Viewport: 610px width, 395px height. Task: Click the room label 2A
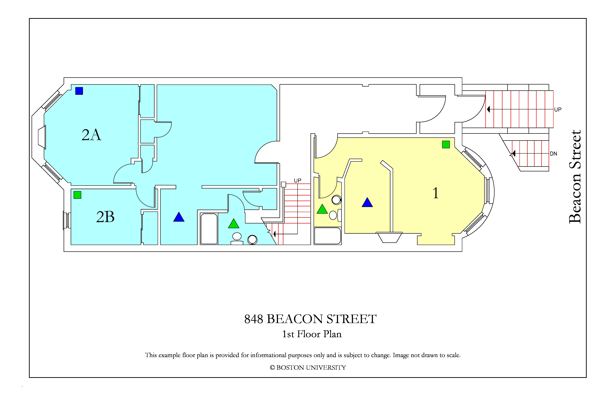(91, 135)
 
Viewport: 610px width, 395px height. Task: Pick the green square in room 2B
(77, 195)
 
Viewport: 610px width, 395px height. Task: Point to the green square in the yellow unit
(446, 144)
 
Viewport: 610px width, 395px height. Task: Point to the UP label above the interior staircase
(298, 181)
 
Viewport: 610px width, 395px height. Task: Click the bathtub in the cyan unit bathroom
(209, 229)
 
